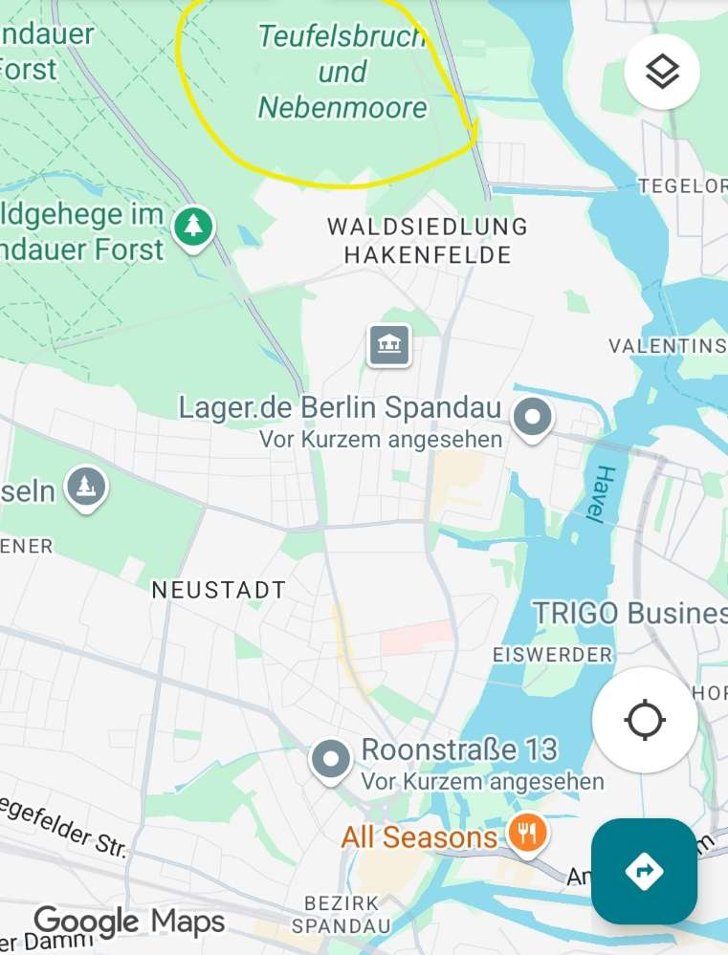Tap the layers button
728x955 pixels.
[662, 72]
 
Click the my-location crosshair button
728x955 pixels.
[644, 719]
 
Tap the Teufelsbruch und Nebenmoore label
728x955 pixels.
[342, 73]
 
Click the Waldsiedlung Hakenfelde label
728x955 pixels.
[428, 241]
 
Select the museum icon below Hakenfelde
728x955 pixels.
[389, 344]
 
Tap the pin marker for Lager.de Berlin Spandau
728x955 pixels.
[533, 418]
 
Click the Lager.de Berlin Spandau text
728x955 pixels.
[340, 408]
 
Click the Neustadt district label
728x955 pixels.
[219, 591]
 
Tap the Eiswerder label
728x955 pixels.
[552, 655]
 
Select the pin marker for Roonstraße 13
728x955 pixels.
[332, 761]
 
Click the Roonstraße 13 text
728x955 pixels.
[459, 749]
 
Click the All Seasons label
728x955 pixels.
[419, 838]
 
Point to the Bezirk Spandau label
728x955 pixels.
[342, 914]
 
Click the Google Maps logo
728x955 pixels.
[130, 922]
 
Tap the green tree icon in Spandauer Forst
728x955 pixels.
[194, 226]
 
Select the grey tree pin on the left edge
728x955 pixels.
[87, 487]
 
